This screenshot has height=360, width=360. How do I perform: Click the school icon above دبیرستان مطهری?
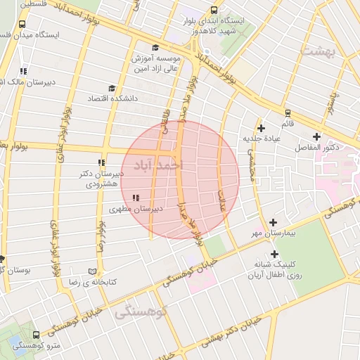click(x=136, y=198)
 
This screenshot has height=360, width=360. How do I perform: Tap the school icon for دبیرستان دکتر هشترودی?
click(x=103, y=162)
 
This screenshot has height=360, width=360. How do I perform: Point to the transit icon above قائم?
click(x=287, y=112)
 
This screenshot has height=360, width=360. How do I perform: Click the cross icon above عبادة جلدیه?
click(x=262, y=128)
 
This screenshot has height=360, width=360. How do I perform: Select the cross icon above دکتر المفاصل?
click(x=316, y=136)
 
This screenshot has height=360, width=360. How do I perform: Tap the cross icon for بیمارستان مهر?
click(x=273, y=222)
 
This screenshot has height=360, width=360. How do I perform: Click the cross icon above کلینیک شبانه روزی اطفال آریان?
click(x=274, y=255)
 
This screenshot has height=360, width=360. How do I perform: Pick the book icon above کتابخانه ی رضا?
click(x=92, y=271)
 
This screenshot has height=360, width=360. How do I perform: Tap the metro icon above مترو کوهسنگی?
click(x=36, y=335)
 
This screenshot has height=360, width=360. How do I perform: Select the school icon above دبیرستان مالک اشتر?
click(x=24, y=71)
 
